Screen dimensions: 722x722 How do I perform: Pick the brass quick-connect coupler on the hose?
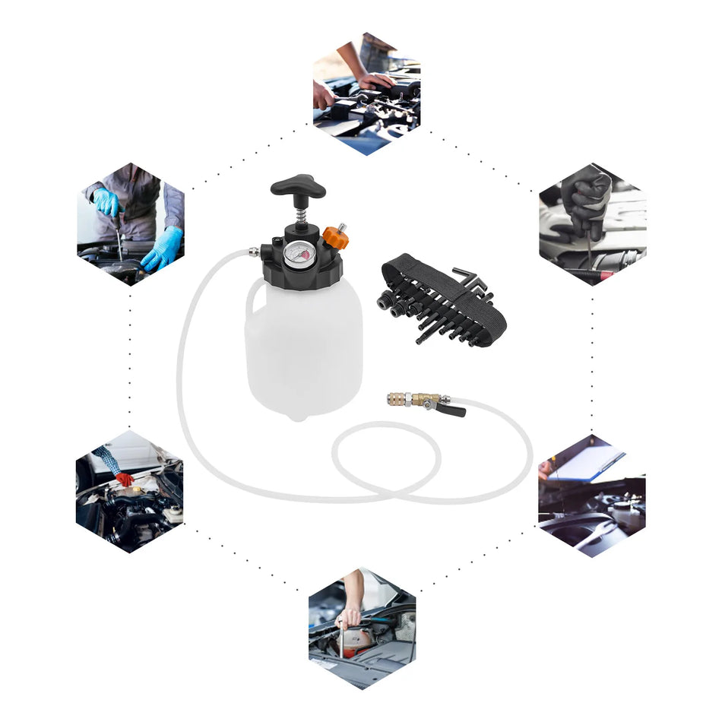[403, 398]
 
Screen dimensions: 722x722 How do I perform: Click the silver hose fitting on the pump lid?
[252, 251]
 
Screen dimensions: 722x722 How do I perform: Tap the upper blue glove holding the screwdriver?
[106, 202]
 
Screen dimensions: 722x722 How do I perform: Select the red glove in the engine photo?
[123, 479]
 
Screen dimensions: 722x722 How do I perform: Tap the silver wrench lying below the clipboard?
[585, 524]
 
